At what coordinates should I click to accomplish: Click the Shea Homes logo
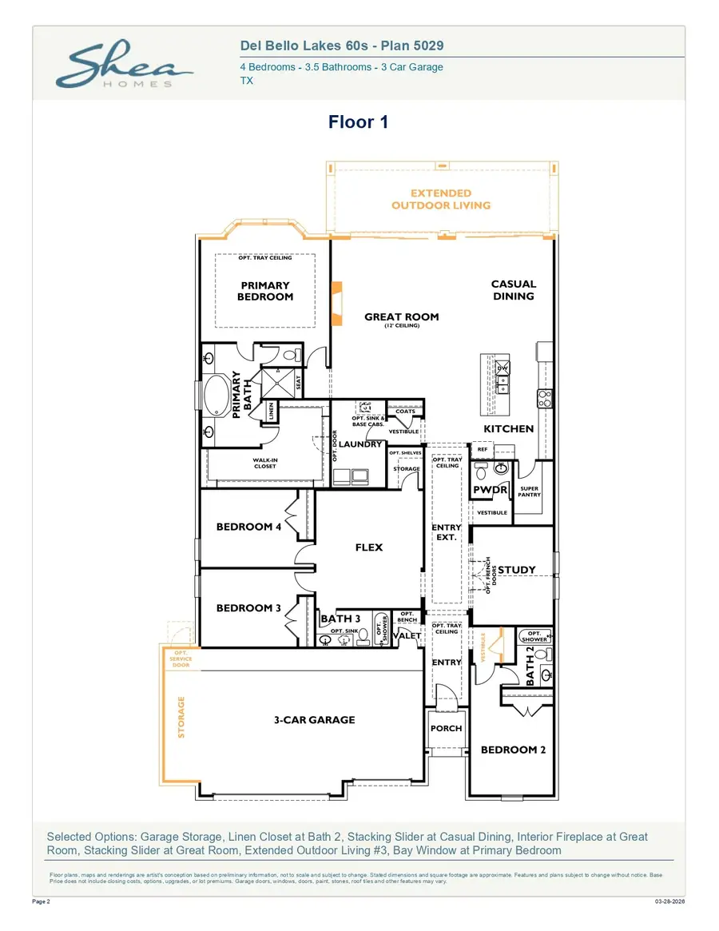123,66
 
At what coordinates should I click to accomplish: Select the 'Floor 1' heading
358,122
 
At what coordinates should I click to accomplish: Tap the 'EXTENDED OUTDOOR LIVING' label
441,199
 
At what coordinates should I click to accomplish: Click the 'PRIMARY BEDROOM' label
265,291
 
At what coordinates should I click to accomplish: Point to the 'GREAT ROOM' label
402,317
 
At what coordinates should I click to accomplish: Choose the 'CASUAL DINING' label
514,290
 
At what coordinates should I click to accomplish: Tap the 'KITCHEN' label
509,429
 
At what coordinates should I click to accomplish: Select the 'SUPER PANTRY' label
530,491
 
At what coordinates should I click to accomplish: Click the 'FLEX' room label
369,547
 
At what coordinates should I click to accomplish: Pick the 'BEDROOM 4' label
248,527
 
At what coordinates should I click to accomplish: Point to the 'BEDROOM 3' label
248,608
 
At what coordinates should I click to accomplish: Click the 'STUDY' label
517,570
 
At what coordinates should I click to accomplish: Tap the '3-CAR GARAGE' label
315,720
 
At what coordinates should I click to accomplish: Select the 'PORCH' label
446,729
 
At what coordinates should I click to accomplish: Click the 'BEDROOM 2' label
513,750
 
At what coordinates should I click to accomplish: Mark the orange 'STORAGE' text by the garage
181,718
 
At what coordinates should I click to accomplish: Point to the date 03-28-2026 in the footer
670,901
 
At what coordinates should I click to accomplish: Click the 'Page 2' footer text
42,901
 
